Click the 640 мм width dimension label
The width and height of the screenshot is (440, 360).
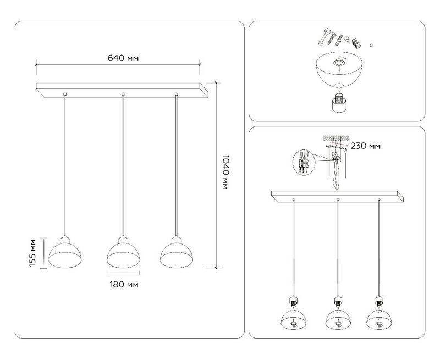click(123, 58)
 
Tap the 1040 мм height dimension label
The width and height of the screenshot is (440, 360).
click(225, 171)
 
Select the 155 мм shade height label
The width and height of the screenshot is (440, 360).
click(33, 253)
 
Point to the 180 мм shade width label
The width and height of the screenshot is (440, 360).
click(124, 285)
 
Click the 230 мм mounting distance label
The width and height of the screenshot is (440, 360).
click(366, 146)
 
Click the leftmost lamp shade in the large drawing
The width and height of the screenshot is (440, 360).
click(65, 253)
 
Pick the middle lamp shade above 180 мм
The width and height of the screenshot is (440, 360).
click(123, 252)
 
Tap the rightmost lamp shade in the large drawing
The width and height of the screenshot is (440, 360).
click(176, 252)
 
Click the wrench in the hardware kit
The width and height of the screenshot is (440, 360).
click(323, 36)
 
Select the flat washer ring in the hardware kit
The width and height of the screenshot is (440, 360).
click(347, 38)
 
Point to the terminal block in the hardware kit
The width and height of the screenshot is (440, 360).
click(356, 42)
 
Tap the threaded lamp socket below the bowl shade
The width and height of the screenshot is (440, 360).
click(339, 103)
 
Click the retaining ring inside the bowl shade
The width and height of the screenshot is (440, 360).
click(339, 63)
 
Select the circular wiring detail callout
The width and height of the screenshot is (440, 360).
click(304, 162)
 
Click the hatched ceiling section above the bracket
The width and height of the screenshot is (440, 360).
click(336, 138)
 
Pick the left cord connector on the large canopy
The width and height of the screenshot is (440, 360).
click(65, 94)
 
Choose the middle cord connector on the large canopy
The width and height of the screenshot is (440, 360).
click(123, 94)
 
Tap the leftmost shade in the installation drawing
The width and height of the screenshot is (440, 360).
click(293, 319)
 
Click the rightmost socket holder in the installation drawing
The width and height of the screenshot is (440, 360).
click(379, 301)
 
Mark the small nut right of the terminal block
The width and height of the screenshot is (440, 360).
click(371, 45)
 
